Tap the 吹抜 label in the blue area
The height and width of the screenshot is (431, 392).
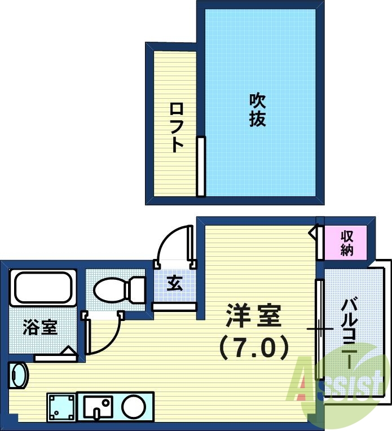click(x=257, y=109)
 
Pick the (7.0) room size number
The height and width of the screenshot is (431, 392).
click(x=253, y=348)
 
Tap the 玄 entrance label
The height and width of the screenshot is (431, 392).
click(x=174, y=284)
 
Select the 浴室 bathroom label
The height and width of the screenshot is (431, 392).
click(x=40, y=327)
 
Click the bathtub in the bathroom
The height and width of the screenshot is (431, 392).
click(x=42, y=288)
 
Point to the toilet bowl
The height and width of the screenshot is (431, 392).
click(x=110, y=290)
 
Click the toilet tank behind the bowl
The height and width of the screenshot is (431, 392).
click(x=138, y=290)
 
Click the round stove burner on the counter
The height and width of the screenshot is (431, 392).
click(x=135, y=406)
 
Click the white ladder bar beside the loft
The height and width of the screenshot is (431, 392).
click(x=200, y=166)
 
